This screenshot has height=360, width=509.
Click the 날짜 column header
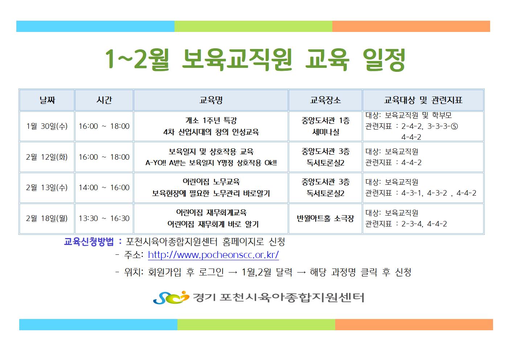[x=47, y=100]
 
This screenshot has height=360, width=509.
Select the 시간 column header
[x=104, y=100]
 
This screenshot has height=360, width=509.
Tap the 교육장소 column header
[x=325, y=100]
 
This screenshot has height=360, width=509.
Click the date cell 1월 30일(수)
[x=47, y=126]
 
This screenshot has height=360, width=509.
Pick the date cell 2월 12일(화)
[x=47, y=157]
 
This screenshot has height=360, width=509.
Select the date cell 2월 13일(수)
[x=47, y=188]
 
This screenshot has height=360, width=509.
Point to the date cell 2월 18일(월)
[x=47, y=218]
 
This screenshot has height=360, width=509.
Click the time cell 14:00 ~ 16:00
[x=104, y=188]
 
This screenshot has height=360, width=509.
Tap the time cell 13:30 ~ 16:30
[x=104, y=218]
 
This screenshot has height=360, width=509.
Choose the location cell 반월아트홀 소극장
[x=325, y=218]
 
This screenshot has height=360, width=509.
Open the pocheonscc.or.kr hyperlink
[x=213, y=255]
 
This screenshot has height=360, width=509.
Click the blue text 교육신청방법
[x=89, y=242]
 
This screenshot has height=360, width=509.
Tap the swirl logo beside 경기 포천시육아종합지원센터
[x=171, y=298]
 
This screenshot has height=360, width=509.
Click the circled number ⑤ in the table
[x=454, y=126]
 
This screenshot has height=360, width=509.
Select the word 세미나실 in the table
[x=326, y=132]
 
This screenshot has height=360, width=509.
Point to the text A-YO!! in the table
[x=156, y=163]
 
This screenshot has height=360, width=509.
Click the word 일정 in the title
[x=384, y=60]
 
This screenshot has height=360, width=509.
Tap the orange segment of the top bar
[x=411, y=26]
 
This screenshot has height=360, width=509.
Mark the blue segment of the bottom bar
[x=98, y=324]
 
